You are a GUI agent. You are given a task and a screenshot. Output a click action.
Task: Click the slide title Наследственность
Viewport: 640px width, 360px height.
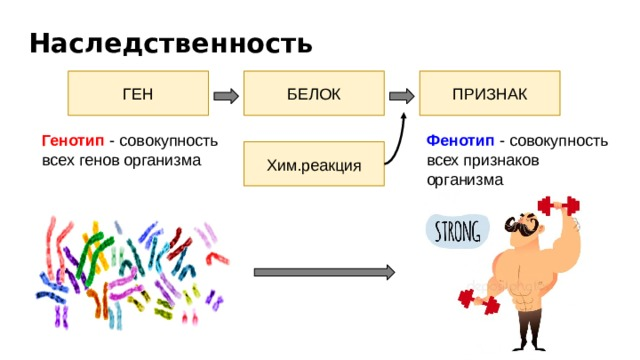(171, 44)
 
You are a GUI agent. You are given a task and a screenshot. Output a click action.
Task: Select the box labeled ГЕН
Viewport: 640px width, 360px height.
(137, 94)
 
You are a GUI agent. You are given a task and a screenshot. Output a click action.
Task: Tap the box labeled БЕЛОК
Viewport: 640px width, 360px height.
(313, 94)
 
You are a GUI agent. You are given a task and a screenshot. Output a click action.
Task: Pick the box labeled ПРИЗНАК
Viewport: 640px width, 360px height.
(489, 94)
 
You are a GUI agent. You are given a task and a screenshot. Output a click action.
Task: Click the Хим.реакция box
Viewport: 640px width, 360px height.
(314, 164)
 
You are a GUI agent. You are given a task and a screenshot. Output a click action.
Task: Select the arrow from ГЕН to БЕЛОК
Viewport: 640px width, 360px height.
(226, 96)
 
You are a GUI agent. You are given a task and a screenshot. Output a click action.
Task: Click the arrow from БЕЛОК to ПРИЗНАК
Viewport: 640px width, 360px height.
(401, 96)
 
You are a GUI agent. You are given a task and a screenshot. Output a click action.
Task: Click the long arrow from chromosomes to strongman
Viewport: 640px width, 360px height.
(324, 272)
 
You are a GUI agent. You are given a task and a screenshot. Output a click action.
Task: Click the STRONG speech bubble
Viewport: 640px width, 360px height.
(457, 231)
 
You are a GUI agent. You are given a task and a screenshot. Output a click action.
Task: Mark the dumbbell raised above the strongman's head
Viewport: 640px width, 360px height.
(558, 206)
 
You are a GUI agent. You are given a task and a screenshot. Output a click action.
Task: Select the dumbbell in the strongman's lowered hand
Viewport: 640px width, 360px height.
(477, 300)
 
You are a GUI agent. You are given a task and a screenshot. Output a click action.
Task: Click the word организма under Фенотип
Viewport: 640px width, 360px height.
(464, 180)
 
